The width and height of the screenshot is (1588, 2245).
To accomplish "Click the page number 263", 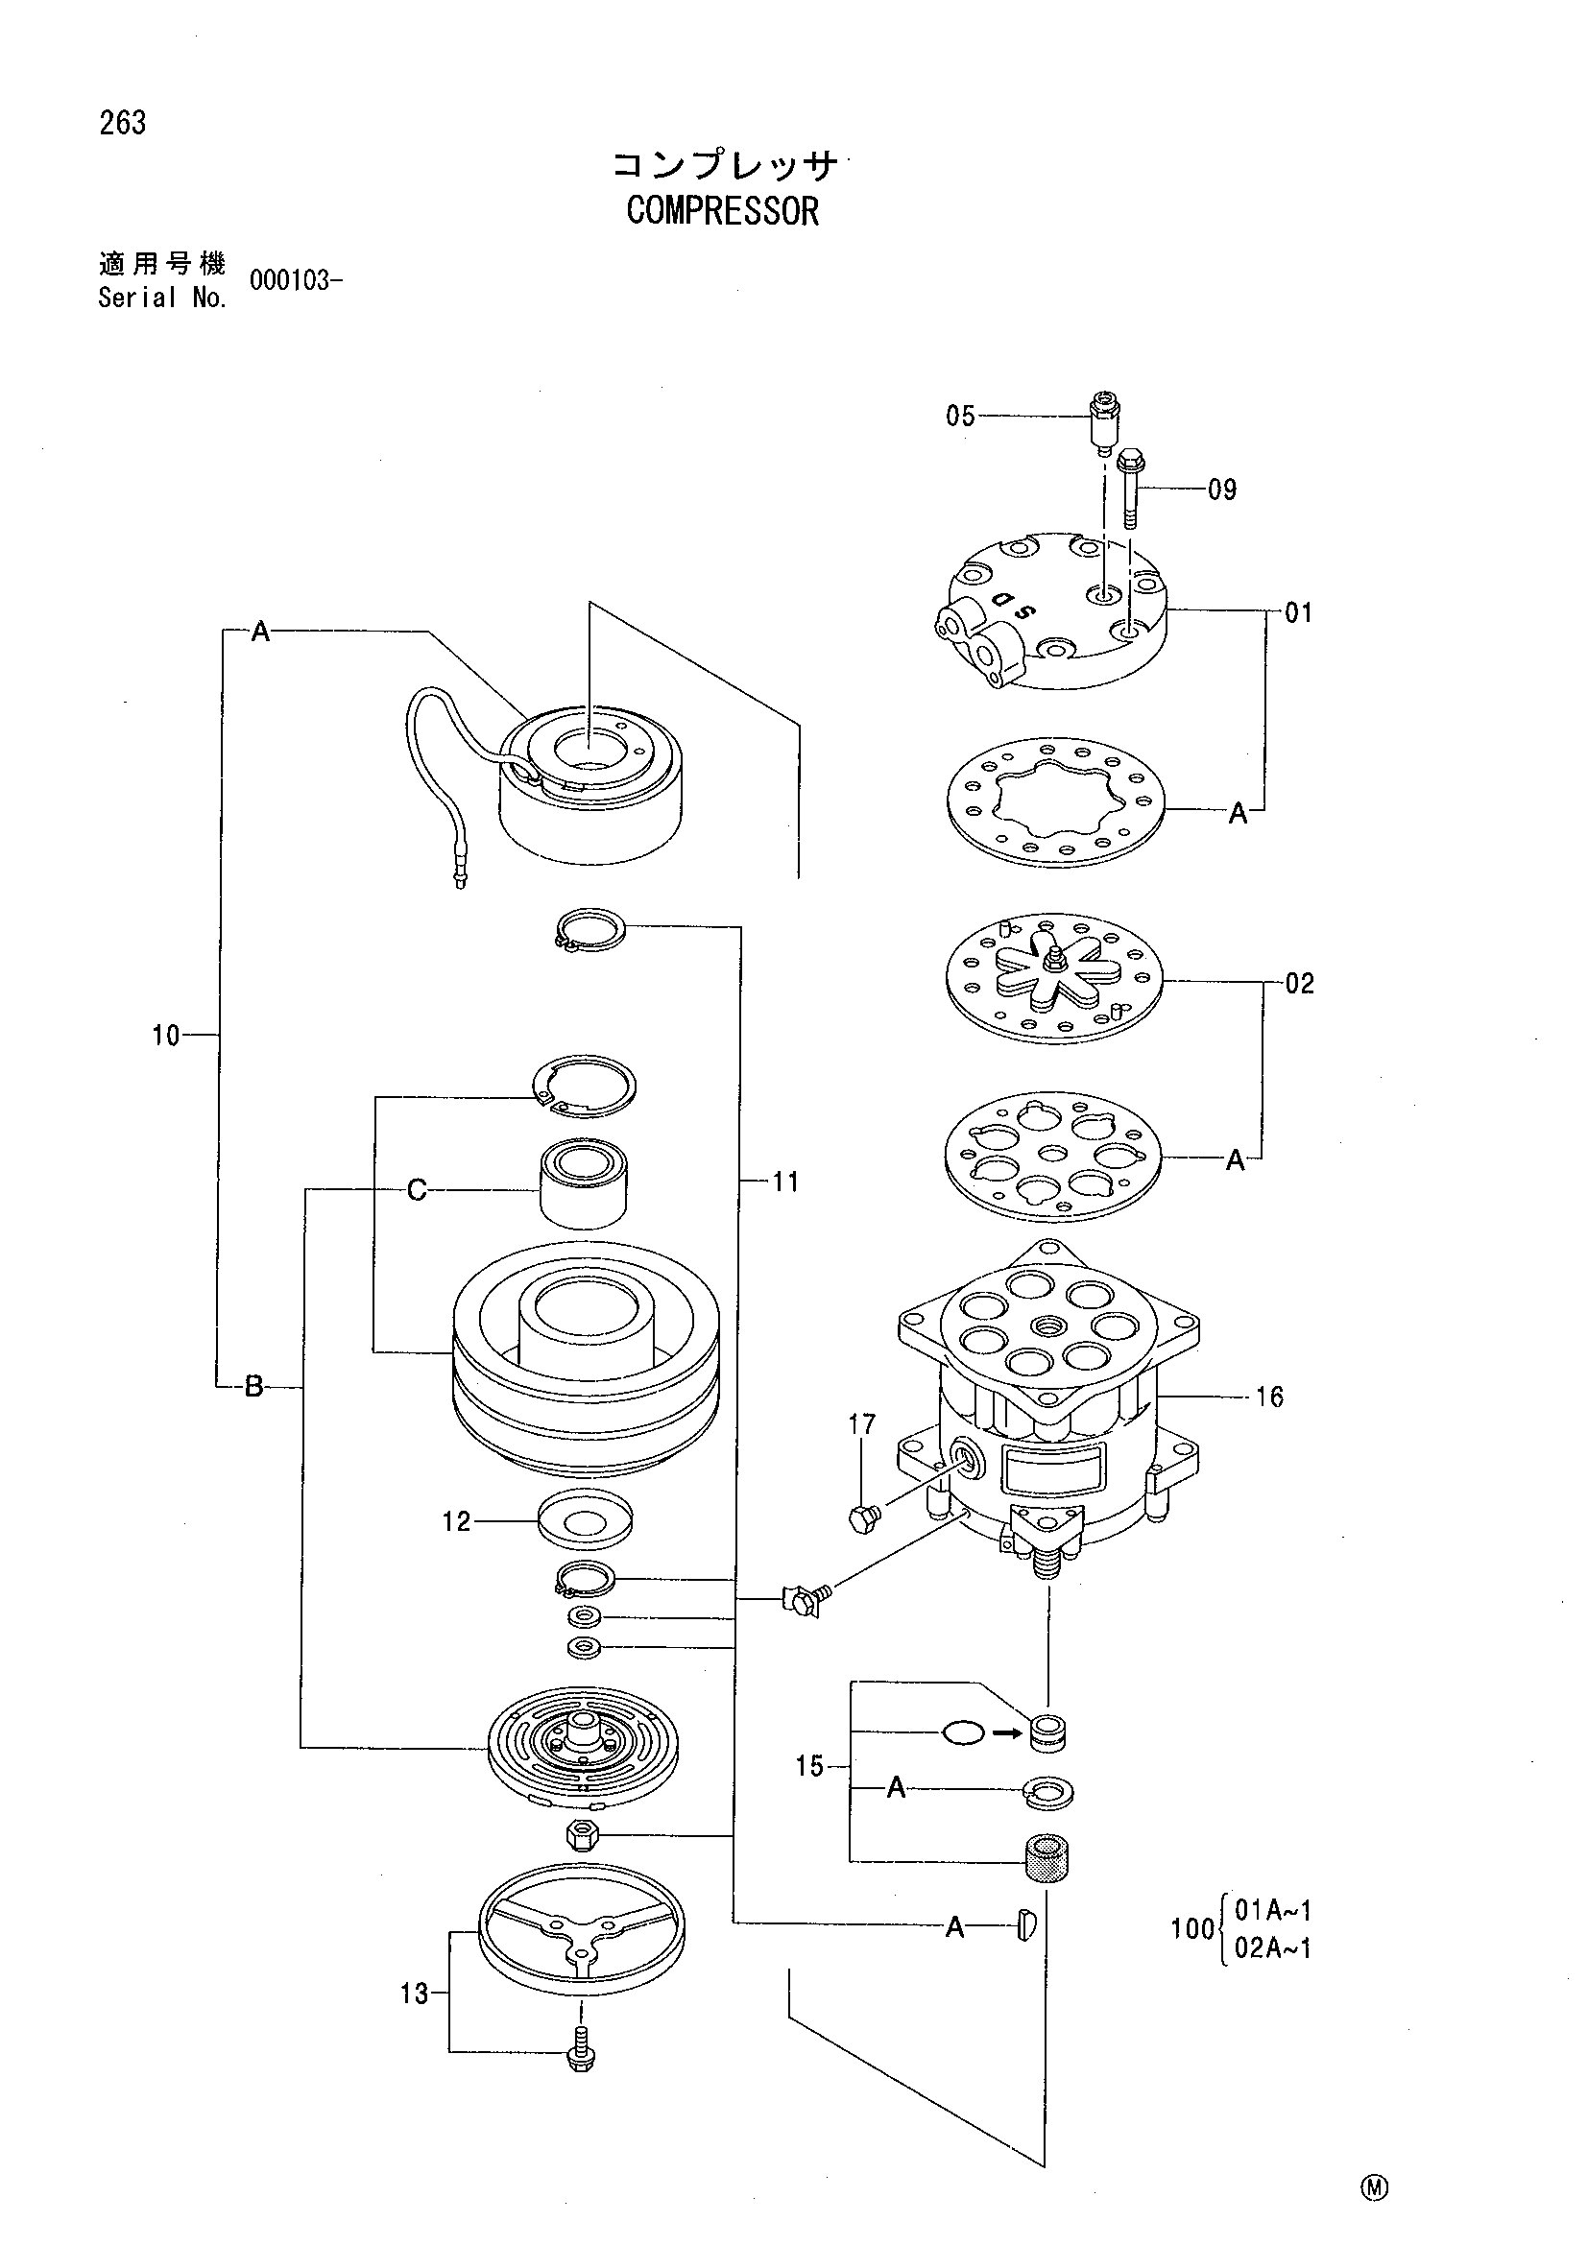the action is [x=122, y=123].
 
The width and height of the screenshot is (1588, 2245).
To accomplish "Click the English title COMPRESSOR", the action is [x=723, y=210].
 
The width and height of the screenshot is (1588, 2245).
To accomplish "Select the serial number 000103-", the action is [x=296, y=280].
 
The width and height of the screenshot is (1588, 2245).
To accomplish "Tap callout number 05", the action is [x=960, y=417].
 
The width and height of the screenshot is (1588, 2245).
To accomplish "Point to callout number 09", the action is [x=1222, y=489].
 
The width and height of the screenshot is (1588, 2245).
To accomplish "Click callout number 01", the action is [x=1299, y=613].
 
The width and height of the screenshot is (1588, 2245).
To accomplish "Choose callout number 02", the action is [x=1300, y=983].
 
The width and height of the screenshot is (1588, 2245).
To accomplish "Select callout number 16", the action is [x=1269, y=1397].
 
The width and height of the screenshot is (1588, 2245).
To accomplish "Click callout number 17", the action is [x=861, y=1424].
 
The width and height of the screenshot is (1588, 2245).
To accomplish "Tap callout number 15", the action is [x=810, y=1767].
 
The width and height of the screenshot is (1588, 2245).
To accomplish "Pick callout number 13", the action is [x=415, y=1994].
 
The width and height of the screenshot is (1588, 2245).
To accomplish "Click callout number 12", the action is [x=457, y=1521].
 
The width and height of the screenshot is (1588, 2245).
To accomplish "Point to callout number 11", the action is [x=785, y=1182].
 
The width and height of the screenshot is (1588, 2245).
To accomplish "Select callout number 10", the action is [x=166, y=1036].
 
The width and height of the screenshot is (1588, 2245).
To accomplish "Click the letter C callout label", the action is [x=417, y=1190].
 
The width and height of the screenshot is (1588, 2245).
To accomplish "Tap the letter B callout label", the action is [x=253, y=1386].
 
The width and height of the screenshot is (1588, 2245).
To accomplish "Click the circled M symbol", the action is [x=1374, y=2187].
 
